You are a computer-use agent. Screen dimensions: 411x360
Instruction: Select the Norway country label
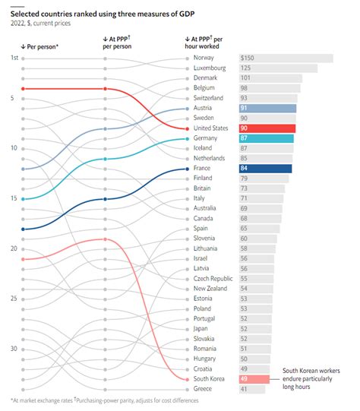point(204,58)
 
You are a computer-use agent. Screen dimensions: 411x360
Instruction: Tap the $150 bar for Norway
point(285,58)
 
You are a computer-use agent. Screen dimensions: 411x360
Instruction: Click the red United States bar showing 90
point(266,128)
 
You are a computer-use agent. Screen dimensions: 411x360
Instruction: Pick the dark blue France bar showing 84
point(264,169)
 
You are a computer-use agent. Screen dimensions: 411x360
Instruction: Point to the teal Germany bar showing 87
point(265,138)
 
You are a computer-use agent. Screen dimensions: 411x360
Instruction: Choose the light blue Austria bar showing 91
point(266,109)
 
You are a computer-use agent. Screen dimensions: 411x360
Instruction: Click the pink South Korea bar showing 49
point(254,378)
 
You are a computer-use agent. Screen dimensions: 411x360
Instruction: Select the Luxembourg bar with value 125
point(277,68)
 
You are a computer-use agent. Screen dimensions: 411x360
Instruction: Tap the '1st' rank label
point(14,58)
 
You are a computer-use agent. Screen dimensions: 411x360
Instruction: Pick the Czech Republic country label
point(213,279)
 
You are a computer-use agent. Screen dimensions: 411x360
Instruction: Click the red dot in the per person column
point(24,89)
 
